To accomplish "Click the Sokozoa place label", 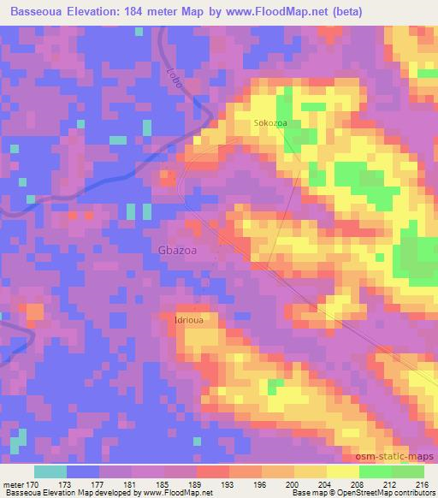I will [269, 124].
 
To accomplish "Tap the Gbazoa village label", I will [179, 250].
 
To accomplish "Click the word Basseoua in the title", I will [40, 12].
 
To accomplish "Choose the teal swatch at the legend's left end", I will [50, 471].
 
